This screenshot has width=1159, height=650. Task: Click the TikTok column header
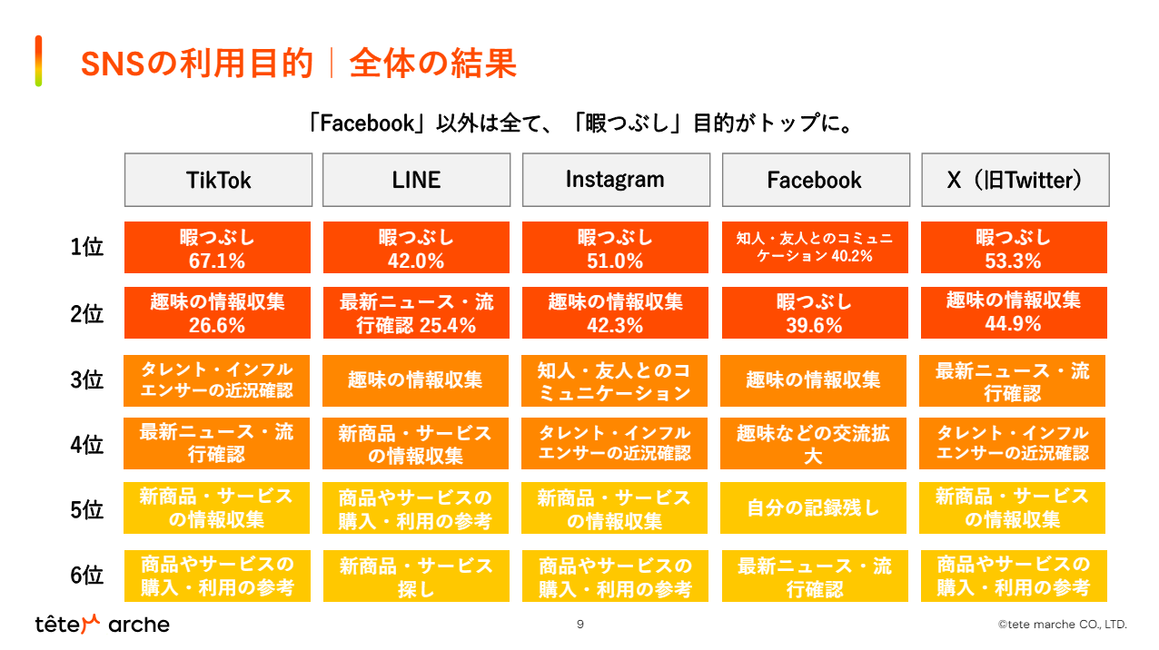coord(218,180)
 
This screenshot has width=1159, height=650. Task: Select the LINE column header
coord(416,180)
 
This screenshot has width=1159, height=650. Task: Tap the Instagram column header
coord(615,180)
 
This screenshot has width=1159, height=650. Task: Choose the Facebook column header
coord(815,180)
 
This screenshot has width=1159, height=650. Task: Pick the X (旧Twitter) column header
coord(1015,180)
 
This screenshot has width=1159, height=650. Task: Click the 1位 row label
coord(87,248)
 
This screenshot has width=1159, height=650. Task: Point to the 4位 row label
coord(87,445)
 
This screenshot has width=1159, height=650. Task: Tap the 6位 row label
coord(87,576)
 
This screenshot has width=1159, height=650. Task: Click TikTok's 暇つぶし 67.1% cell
coord(217,248)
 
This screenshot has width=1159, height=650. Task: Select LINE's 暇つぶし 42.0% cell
coord(416,248)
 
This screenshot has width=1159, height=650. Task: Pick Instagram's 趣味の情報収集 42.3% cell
coord(615,313)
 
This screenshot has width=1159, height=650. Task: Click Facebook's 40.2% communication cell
coord(815,248)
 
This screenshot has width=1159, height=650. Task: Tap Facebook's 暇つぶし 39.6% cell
coord(815,313)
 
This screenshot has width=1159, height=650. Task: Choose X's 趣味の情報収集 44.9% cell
coord(1014,313)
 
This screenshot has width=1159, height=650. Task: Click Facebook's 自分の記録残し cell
coord(814,508)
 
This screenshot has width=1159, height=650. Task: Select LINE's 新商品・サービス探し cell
coord(416,576)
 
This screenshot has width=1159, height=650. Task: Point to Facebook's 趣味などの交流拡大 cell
coord(814,444)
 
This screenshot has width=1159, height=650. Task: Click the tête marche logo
coord(102,625)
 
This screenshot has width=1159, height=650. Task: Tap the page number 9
coord(580,625)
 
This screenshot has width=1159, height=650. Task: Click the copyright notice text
coord(1062,625)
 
